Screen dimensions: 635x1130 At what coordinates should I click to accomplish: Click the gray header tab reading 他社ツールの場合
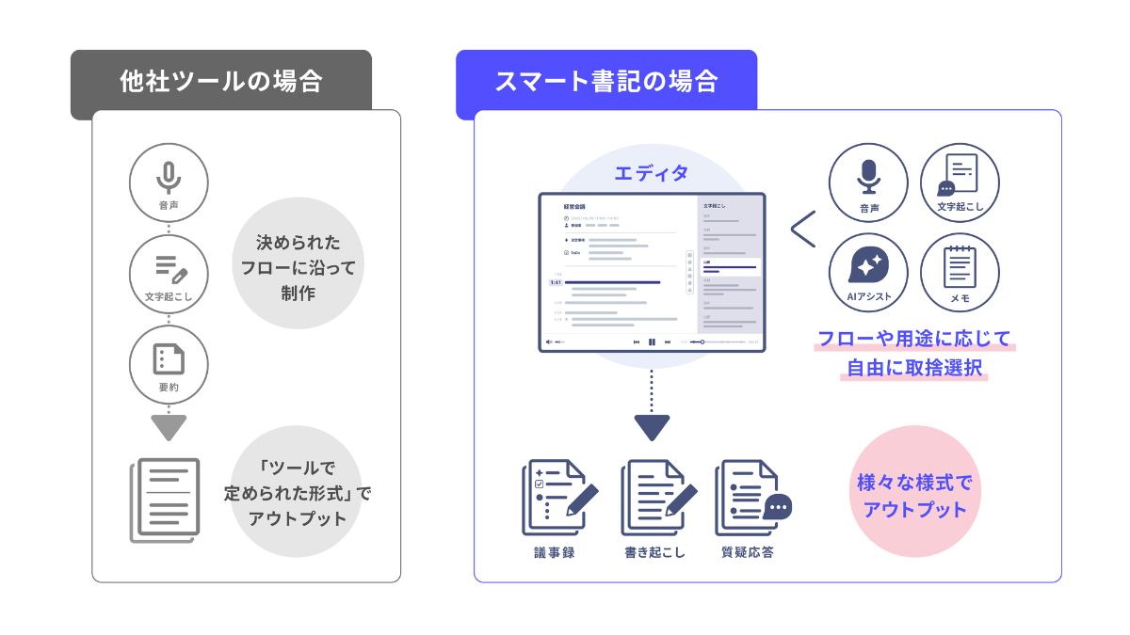point(220,82)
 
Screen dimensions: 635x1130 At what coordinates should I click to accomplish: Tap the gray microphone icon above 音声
point(169,176)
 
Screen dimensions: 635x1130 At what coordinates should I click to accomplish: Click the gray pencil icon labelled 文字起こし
point(169,269)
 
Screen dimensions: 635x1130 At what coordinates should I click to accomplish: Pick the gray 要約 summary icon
point(169,358)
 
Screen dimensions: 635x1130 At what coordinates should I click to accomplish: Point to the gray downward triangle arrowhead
point(169,428)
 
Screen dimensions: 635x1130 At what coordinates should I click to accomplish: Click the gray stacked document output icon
point(164,499)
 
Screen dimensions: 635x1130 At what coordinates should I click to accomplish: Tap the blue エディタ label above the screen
point(651,173)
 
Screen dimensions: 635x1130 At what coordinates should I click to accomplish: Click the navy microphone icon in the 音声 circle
point(868,176)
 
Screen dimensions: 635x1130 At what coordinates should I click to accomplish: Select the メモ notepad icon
point(960,266)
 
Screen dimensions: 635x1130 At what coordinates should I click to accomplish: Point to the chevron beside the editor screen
point(802,229)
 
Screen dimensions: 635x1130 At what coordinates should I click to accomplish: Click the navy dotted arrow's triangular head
point(651,428)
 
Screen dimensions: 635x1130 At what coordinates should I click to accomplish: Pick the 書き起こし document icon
point(656,498)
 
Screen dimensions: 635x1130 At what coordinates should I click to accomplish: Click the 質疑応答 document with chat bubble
point(751,498)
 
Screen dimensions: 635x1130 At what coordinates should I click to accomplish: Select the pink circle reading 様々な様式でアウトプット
point(913,496)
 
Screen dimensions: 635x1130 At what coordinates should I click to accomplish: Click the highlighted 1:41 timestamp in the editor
point(557,282)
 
